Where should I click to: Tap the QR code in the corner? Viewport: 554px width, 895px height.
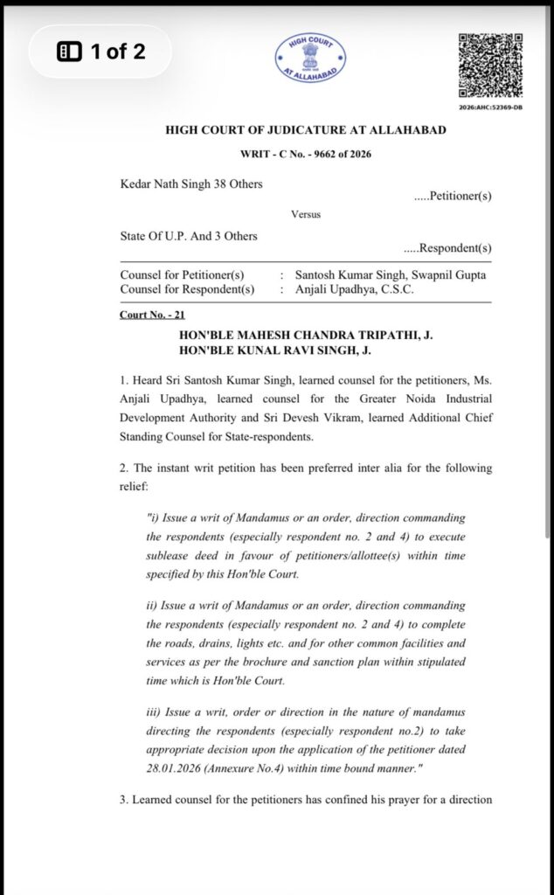click(491, 66)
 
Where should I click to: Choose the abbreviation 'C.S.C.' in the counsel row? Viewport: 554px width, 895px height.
click(395, 289)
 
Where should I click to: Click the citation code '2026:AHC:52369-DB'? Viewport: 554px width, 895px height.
click(491, 108)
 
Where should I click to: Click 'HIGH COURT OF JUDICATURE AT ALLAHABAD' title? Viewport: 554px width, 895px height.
click(306, 131)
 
